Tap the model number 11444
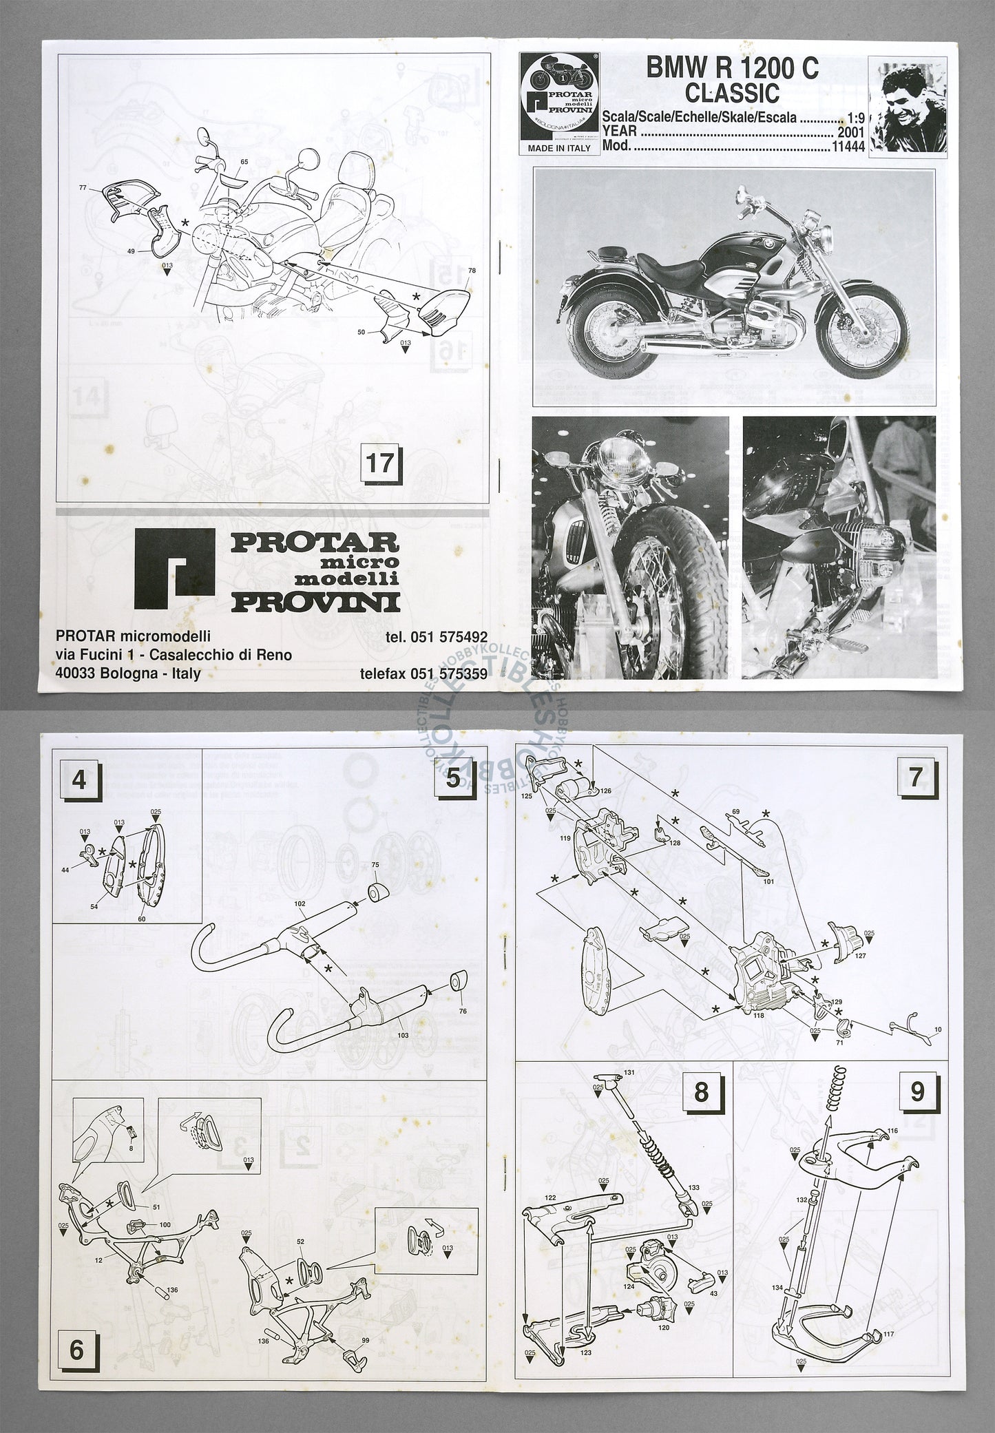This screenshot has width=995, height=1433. click(x=847, y=146)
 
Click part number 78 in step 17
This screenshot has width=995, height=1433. click(x=471, y=270)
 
